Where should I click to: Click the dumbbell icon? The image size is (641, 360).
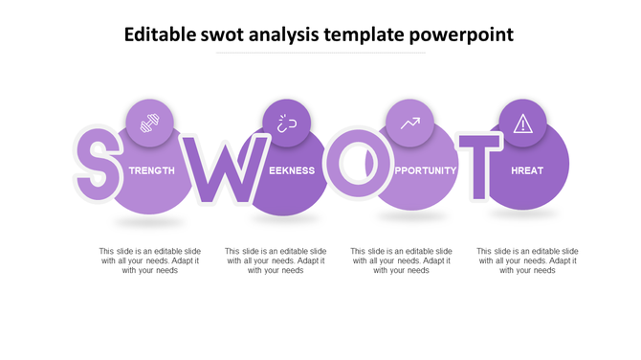150,124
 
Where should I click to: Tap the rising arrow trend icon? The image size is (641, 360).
410,124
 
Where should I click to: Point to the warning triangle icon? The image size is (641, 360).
522,123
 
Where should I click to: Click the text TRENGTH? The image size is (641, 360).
152,170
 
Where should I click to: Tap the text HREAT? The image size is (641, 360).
527,170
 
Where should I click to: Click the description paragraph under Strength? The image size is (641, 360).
150,260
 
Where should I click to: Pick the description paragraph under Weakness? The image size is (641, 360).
276,260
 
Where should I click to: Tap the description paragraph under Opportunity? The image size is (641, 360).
401,260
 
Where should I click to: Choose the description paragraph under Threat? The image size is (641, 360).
527,260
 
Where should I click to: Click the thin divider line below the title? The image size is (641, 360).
320,54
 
